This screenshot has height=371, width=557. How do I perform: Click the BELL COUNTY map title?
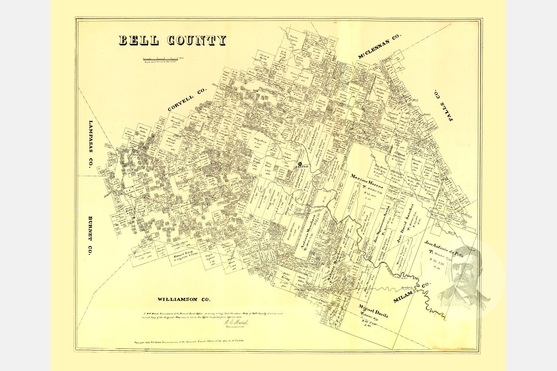pos(172,40)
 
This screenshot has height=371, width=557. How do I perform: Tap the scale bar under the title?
pos(160,59)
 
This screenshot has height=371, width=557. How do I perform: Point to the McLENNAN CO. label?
pos(380,46)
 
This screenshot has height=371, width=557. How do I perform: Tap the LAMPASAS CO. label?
pos(90,144)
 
